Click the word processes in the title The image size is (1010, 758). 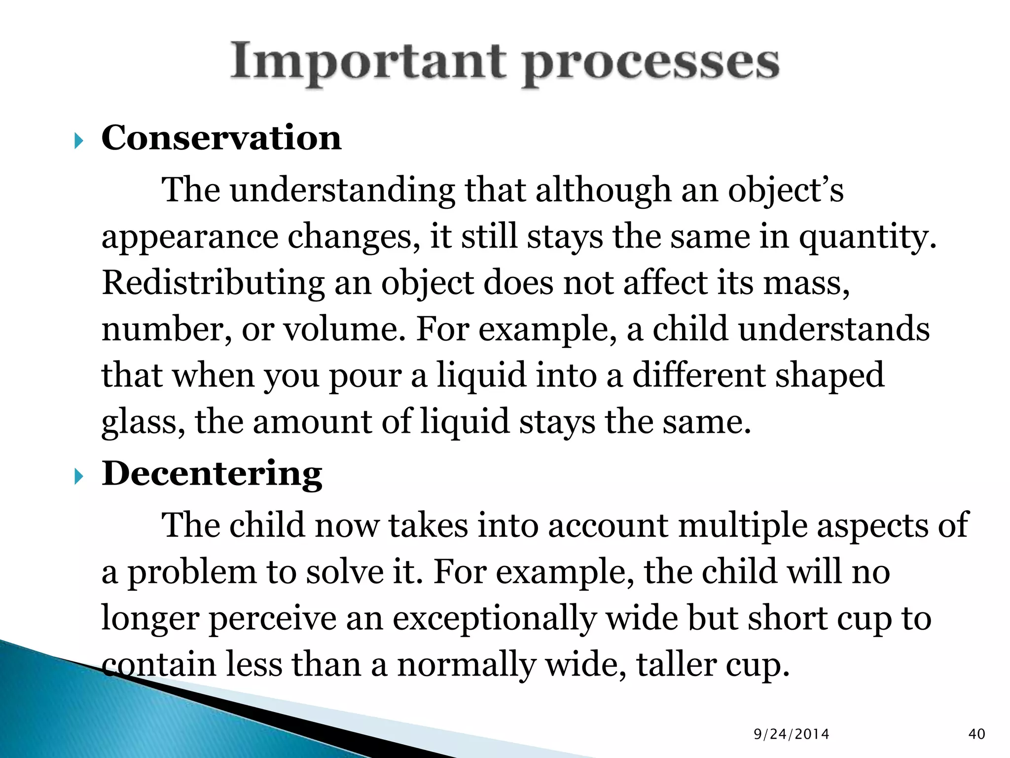650,64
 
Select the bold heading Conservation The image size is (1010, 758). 221,138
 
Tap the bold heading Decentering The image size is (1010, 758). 212,474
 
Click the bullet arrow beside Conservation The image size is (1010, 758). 79,142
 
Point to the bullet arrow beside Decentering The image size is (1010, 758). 79,477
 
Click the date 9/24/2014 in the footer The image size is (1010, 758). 792,734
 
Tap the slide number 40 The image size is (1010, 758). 977,734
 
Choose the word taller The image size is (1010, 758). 675,664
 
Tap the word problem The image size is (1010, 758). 192,572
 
